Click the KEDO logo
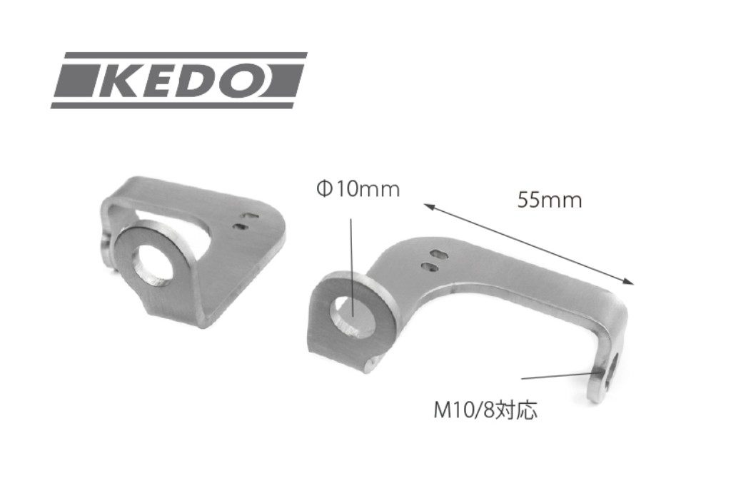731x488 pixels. point(179,80)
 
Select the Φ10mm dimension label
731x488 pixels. point(358,190)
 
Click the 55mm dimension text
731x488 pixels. point(550,200)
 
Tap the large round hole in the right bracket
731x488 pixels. point(352,314)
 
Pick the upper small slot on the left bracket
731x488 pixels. point(250,215)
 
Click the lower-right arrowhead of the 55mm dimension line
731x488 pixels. point(629,281)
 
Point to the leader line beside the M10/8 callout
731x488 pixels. point(557,377)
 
